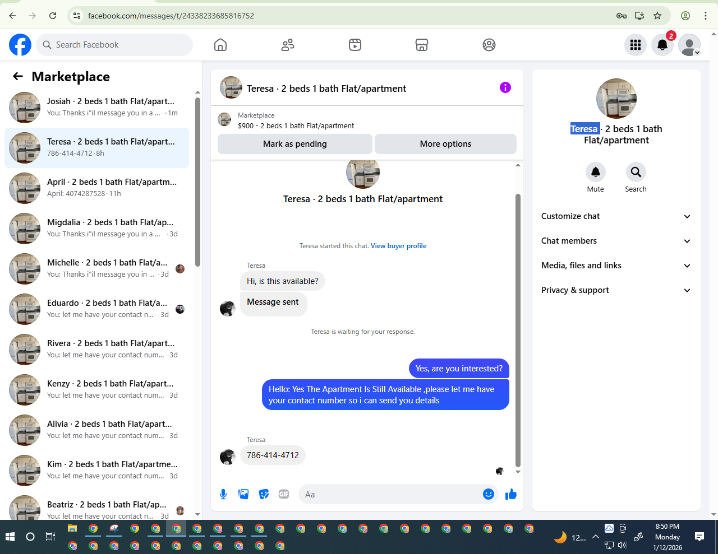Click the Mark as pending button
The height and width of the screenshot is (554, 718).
click(294, 144)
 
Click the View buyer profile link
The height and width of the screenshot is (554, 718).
click(398, 246)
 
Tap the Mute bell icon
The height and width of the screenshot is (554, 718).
click(595, 172)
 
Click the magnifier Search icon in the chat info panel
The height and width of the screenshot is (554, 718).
click(636, 172)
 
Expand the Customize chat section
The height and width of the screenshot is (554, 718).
click(616, 216)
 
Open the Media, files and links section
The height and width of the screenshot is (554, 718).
click(616, 266)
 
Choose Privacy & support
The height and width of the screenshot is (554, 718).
click(616, 290)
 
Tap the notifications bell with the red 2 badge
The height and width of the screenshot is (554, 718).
click(662, 45)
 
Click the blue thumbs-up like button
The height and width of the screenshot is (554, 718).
click(510, 494)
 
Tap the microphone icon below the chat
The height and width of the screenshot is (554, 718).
click(223, 494)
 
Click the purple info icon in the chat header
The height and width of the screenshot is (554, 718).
click(505, 87)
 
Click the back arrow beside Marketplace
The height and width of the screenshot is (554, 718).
click(18, 77)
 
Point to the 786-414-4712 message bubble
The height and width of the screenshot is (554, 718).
click(273, 455)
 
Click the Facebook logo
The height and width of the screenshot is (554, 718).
click(20, 45)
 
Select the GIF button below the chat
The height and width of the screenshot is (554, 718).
click(284, 494)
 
